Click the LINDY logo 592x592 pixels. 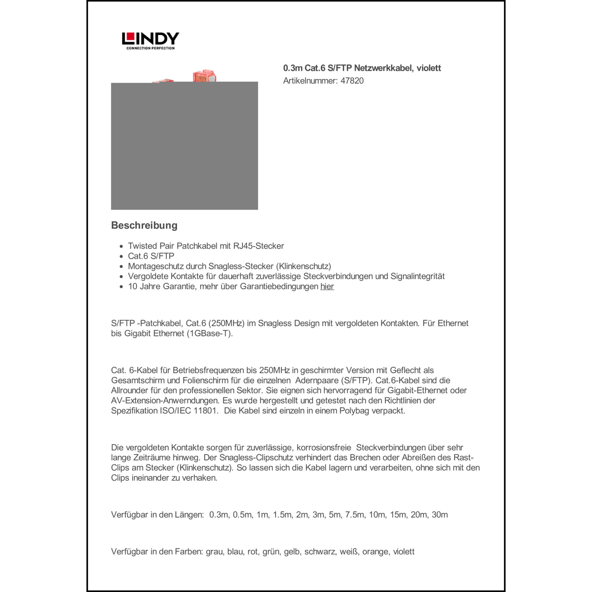click(x=150, y=39)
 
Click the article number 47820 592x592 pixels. click(x=352, y=81)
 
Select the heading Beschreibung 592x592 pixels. click(x=144, y=225)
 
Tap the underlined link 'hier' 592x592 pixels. click(x=327, y=287)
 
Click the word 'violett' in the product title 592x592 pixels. click(x=429, y=68)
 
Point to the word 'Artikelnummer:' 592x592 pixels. click(x=310, y=81)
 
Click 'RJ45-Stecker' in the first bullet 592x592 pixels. click(x=259, y=246)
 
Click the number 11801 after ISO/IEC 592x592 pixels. click(x=205, y=410)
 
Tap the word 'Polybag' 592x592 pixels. click(x=354, y=410)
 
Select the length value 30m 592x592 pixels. click(x=440, y=515)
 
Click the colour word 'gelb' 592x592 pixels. click(x=292, y=552)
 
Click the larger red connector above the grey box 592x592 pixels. click(x=204, y=76)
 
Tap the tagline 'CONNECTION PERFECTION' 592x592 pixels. click(x=150, y=48)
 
